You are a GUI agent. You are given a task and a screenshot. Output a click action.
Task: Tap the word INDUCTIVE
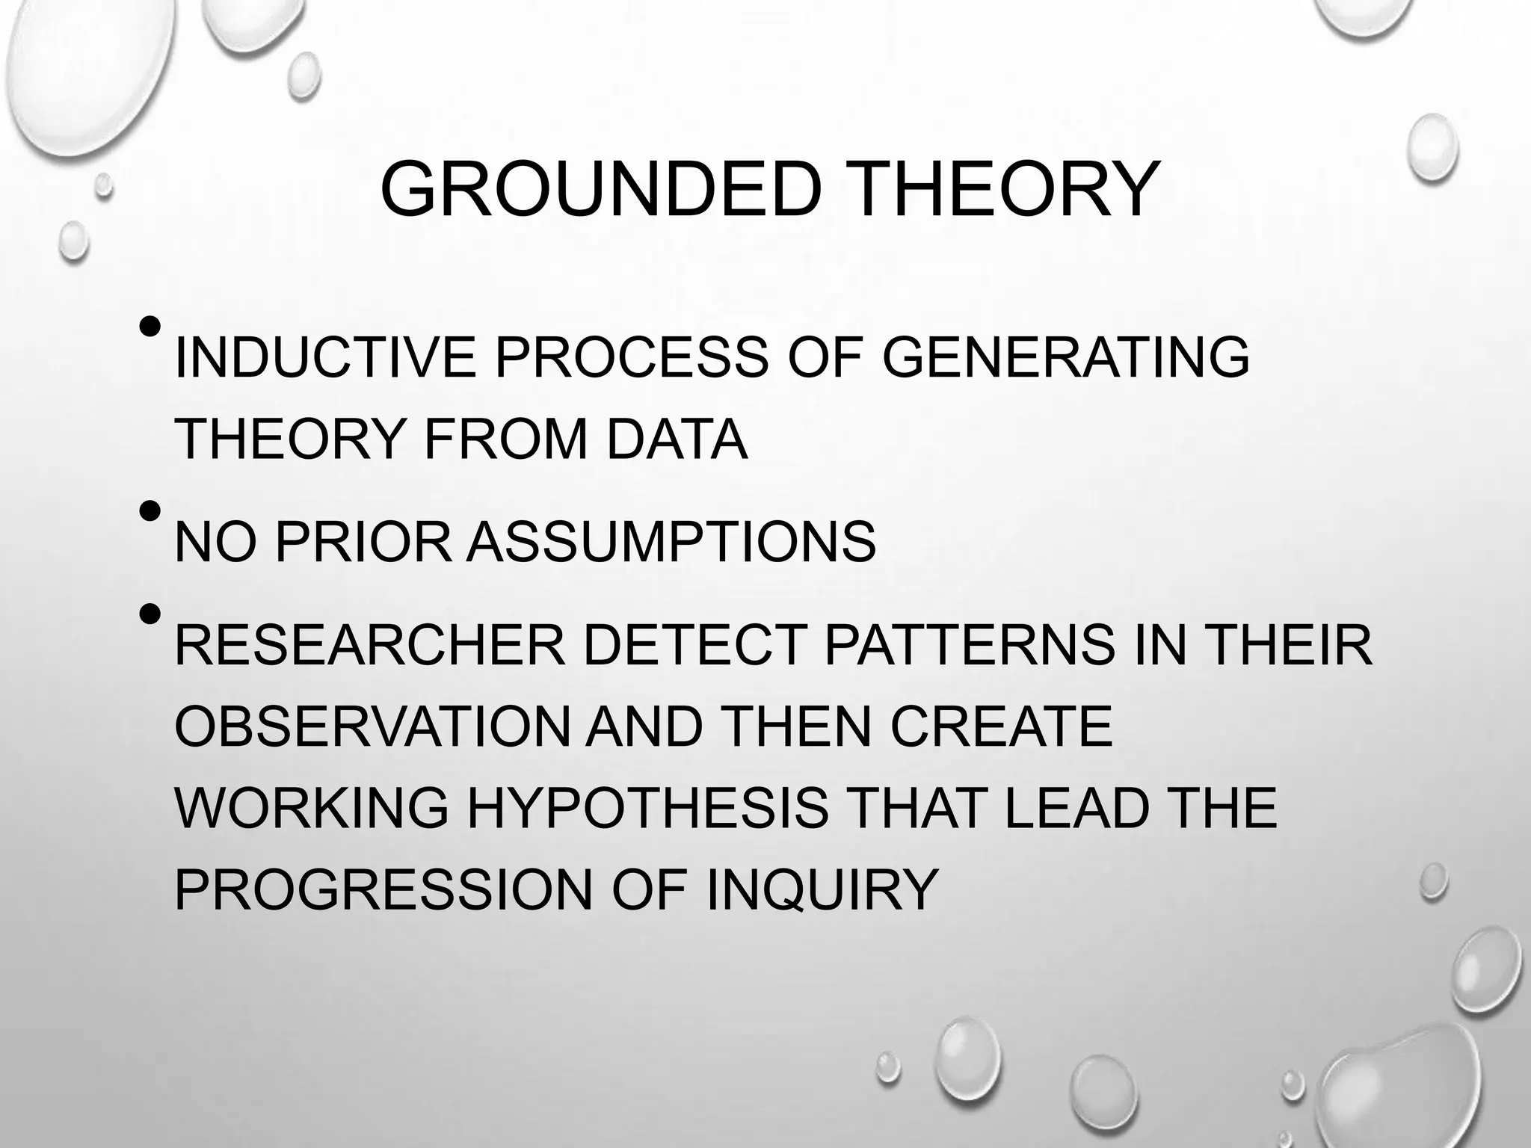click(x=324, y=357)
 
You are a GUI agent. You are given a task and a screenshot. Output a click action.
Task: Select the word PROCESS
click(x=632, y=357)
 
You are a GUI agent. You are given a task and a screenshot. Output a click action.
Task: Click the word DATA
click(x=677, y=439)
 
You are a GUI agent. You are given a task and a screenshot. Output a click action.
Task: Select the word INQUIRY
click(x=822, y=889)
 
